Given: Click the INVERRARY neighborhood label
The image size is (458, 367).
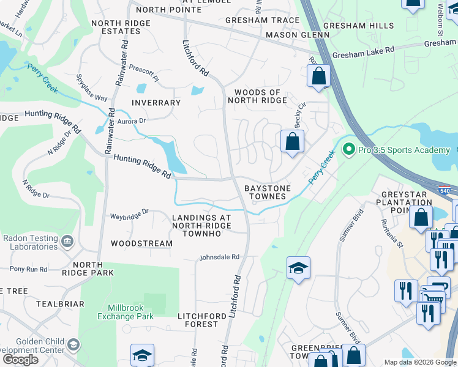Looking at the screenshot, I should [156, 103].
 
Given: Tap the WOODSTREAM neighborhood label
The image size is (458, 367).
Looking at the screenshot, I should [141, 243].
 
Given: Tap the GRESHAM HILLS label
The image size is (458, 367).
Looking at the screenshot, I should [358, 26].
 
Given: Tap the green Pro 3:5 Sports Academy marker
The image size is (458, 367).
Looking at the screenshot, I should [348, 149].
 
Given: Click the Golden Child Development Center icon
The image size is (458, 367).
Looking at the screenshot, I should [73, 345].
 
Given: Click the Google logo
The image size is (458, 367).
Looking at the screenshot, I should [20, 360].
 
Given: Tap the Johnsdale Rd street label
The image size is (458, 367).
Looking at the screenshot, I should [219, 258].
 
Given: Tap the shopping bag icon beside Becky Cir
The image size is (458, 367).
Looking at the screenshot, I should [293, 141].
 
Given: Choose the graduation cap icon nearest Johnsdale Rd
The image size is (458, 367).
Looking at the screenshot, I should [298, 268].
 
